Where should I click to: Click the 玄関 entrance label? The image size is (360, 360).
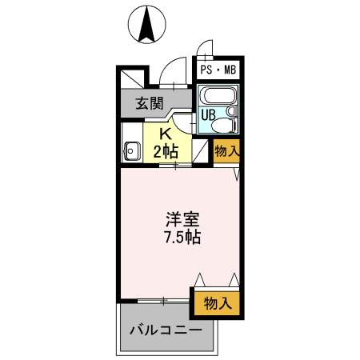pos(149,102)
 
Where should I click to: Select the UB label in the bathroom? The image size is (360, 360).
pos(207,114)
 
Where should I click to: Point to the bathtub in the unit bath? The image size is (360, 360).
pos(217,96)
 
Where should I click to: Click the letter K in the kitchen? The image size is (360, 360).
pos(166,134)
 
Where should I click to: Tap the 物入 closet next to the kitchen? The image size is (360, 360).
pos(226,150)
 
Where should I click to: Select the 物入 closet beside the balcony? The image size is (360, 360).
pos(217,303)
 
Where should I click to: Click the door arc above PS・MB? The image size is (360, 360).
pos(206,48)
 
